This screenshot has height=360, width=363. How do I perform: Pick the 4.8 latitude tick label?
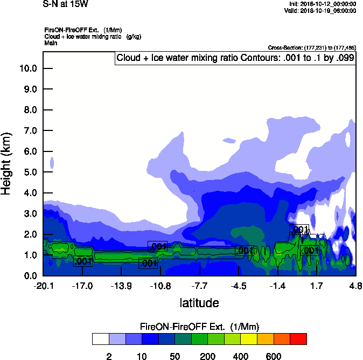pyautogui.click(x=355, y=286)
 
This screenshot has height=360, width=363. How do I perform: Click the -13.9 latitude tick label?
pyautogui.click(x=121, y=286)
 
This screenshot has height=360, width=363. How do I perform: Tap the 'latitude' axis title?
pyautogui.click(x=199, y=303)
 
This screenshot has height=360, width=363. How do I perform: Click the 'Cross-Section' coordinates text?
pyautogui.click(x=312, y=48)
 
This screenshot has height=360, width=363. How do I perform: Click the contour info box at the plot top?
pyautogui.click(x=235, y=58)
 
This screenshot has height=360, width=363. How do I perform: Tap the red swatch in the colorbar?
pyautogui.click(x=298, y=339)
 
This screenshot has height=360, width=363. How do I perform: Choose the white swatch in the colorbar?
pyautogui.click(x=100, y=339)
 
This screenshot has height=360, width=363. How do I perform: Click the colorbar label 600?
pyautogui.click(x=273, y=356)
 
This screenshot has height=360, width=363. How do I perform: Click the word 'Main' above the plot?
pyautogui.click(x=51, y=43)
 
